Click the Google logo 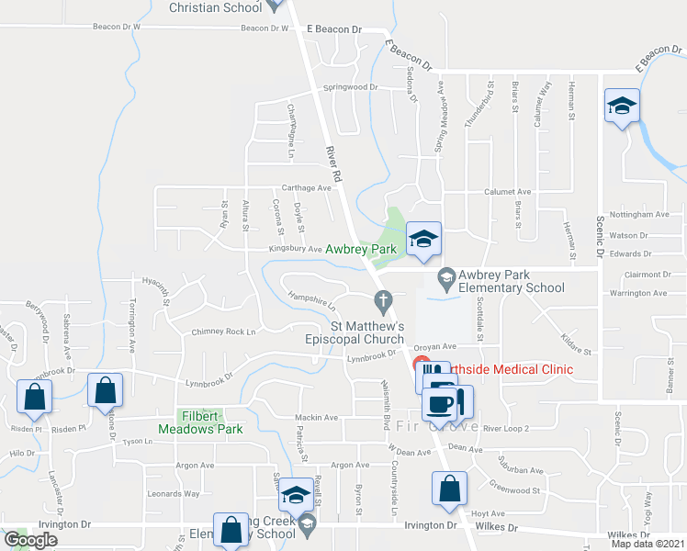30,540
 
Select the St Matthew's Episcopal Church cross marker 383,299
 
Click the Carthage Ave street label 306,187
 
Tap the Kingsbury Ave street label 295,249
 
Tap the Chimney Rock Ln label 223,331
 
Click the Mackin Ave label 311,417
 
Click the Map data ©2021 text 648,544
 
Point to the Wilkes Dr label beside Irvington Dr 497,528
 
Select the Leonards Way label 174,493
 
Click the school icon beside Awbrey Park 423,239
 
